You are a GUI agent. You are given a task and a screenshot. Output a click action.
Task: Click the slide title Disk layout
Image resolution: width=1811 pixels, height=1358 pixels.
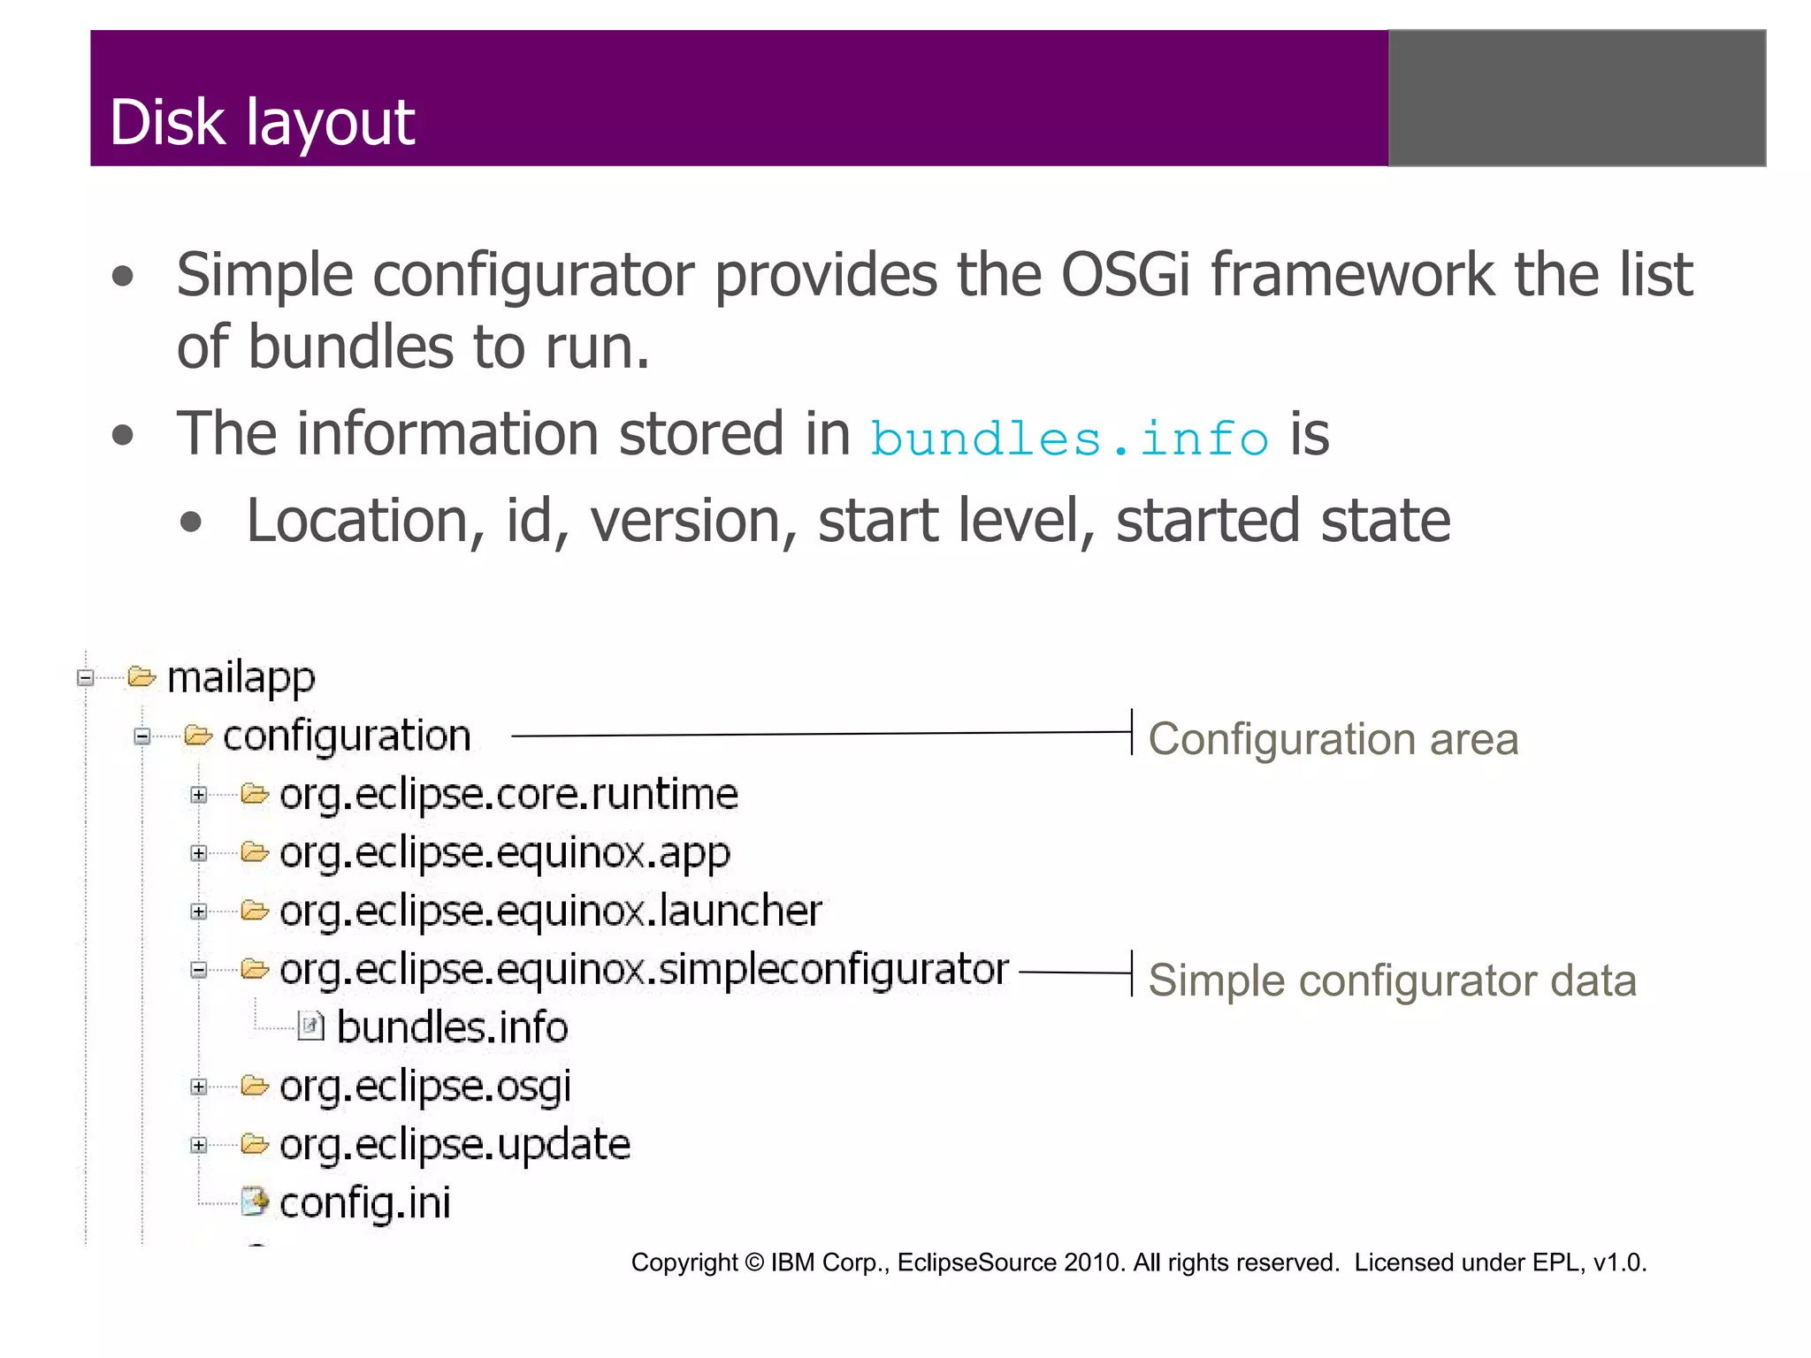click(x=262, y=122)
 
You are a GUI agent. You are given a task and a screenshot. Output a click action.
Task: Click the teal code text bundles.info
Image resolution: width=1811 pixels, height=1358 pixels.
click(x=1069, y=439)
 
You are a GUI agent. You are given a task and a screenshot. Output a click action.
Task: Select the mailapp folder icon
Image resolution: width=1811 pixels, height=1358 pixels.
click(x=141, y=677)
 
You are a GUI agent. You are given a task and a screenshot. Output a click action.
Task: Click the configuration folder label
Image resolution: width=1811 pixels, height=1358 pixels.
click(x=346, y=736)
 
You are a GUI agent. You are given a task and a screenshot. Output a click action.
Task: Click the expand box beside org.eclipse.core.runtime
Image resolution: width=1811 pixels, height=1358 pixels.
click(x=199, y=795)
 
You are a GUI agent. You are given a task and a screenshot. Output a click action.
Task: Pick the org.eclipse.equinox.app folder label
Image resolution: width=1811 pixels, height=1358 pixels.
click(x=504, y=853)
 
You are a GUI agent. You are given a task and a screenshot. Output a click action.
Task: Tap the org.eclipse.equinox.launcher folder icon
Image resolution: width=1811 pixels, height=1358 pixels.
click(x=255, y=911)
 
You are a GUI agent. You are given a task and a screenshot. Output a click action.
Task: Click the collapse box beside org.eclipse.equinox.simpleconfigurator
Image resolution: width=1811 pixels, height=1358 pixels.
click(x=199, y=970)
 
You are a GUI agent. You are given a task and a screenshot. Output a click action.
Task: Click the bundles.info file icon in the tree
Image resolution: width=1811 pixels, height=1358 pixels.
click(x=310, y=1026)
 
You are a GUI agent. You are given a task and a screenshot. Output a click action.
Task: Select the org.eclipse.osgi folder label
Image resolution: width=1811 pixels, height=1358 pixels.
click(x=424, y=1087)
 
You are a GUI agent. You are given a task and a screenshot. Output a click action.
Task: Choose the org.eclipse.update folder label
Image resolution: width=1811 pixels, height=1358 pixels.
click(x=455, y=1145)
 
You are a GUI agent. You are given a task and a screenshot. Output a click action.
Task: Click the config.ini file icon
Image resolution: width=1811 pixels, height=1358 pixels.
click(x=255, y=1202)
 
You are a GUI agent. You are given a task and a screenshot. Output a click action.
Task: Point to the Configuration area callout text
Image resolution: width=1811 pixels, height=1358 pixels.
click(x=1333, y=739)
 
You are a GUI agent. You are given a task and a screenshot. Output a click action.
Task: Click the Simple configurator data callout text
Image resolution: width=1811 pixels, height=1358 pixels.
click(x=1392, y=980)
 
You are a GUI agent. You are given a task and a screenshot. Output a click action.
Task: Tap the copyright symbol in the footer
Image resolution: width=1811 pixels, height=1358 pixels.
click(x=753, y=1263)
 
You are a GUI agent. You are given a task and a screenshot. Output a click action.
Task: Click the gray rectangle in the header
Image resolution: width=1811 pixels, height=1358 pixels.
click(x=1577, y=98)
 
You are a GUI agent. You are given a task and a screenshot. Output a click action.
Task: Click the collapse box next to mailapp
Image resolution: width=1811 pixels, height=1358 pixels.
click(x=86, y=678)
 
